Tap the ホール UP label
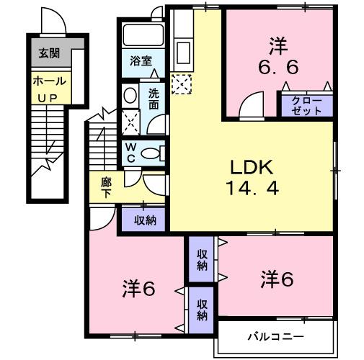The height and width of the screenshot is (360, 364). [49, 87]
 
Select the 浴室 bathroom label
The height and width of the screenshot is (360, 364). [141, 61]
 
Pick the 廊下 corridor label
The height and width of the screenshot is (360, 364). [106, 186]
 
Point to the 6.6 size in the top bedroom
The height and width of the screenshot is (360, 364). [277, 67]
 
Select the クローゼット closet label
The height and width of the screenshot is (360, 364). [306, 106]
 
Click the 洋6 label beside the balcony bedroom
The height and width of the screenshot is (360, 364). [277, 277]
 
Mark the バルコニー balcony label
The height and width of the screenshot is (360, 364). [276, 336]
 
